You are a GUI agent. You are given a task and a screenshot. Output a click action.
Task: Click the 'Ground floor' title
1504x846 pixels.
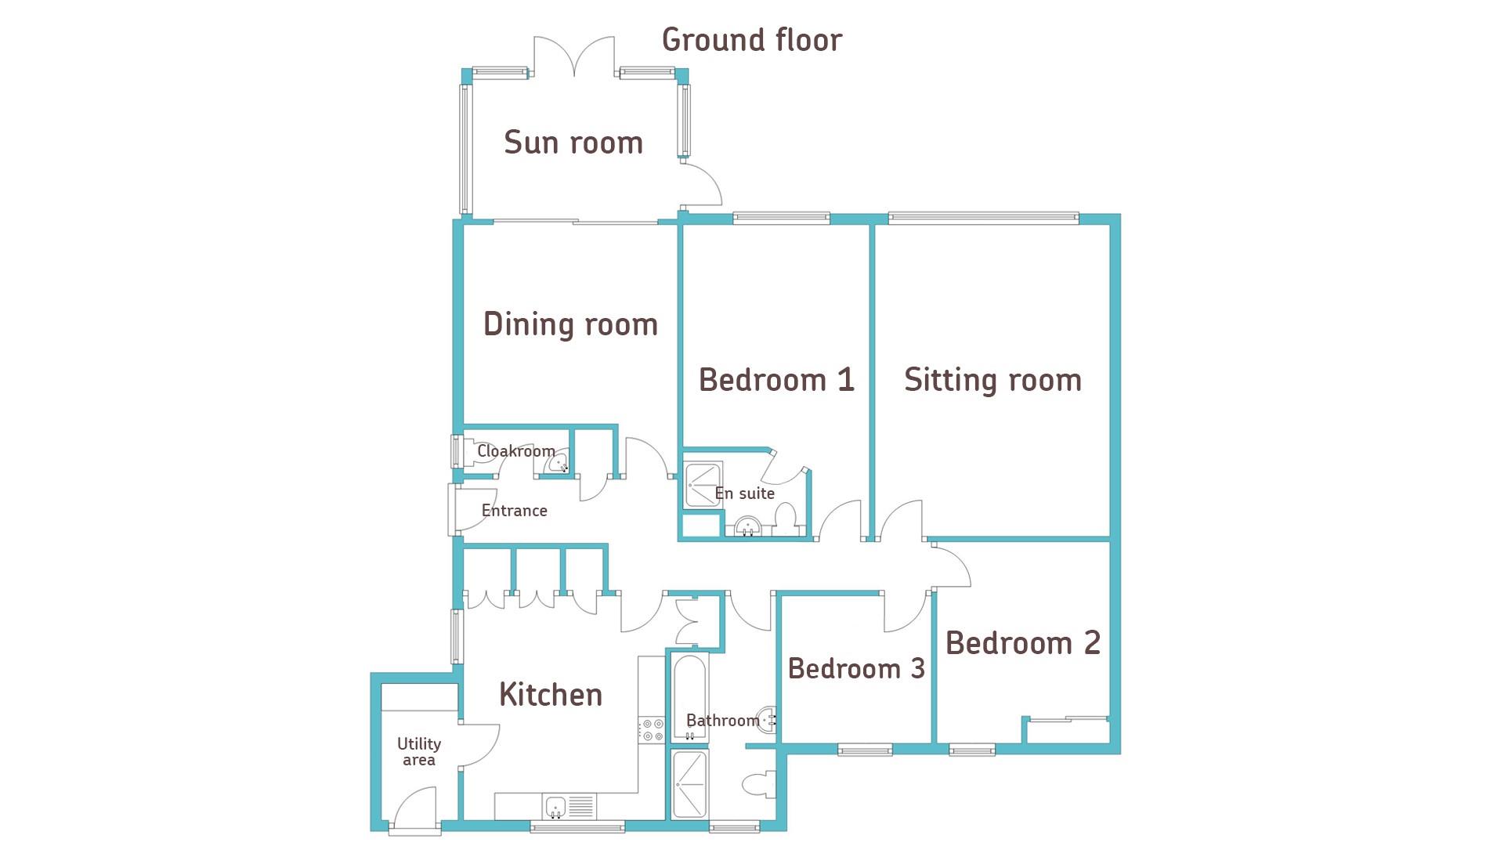[752, 40]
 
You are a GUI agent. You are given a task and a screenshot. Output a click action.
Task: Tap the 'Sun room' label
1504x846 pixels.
[573, 143]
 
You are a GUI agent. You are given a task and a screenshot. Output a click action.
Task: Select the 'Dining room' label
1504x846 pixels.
[570, 324]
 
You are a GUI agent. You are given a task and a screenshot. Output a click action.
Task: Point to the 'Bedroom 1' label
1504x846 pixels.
[776, 380]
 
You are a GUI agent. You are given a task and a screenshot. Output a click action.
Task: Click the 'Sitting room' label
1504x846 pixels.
[992, 380]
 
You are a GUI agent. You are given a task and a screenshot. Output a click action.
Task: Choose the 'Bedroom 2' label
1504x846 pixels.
[1023, 643]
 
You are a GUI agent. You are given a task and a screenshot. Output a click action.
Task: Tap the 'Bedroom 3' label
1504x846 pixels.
[856, 669]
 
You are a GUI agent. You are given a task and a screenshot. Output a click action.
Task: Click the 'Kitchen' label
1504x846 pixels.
[551, 695]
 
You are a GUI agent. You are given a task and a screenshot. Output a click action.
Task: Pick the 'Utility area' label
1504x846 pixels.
[419, 751]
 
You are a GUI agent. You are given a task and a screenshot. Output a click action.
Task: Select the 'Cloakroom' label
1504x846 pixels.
[516, 451]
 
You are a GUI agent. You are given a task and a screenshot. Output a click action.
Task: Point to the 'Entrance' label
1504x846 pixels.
[514, 511]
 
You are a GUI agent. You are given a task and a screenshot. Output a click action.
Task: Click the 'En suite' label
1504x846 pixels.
[745, 493]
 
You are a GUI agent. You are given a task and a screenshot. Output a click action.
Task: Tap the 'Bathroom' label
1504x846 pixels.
[723, 721]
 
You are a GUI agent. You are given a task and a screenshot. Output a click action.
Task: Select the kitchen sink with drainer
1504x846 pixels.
[569, 806]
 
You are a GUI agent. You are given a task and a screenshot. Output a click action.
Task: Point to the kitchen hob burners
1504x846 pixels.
[653, 730]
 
